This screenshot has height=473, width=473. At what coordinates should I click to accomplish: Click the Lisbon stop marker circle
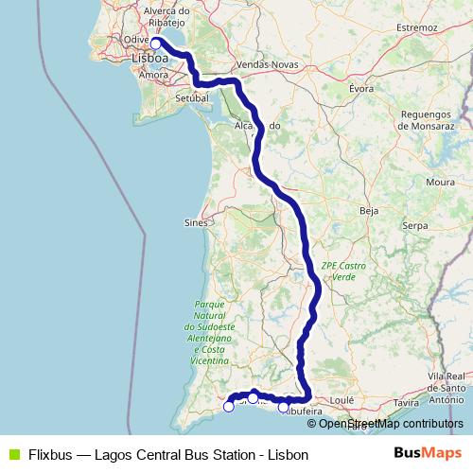[x=156, y=43]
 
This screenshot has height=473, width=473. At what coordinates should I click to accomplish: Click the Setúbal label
[x=191, y=97]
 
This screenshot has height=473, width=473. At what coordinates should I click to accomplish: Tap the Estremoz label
[x=416, y=27]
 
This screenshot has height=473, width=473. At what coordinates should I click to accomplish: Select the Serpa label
[x=415, y=226]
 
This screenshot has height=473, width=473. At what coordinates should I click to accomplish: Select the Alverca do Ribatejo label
[x=168, y=17]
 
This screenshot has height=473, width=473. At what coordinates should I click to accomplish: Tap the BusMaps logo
[x=427, y=454]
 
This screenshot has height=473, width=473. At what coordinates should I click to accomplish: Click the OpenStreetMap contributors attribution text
[x=391, y=424]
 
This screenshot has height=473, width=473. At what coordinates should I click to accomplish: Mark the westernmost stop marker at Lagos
[x=228, y=407]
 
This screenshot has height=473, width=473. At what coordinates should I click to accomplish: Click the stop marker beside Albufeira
[x=283, y=408]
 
